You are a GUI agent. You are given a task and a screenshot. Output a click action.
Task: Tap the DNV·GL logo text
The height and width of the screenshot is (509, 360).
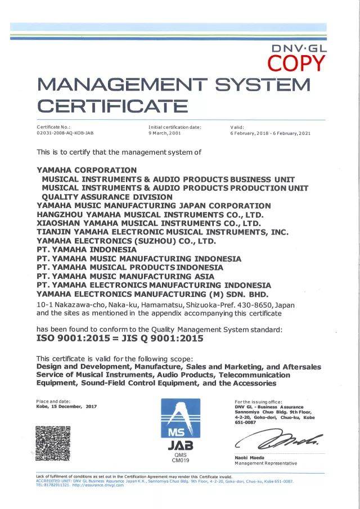tap(299, 48)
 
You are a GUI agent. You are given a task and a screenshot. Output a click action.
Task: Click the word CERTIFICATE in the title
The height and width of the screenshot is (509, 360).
tap(112, 106)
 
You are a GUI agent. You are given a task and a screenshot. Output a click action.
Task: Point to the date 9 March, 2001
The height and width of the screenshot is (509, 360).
tap(166, 133)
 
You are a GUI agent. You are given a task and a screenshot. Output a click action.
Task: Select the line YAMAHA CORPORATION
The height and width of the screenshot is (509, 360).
tap(87, 169)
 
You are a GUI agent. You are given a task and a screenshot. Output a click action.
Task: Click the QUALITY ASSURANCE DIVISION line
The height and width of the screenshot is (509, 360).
tap(107, 197)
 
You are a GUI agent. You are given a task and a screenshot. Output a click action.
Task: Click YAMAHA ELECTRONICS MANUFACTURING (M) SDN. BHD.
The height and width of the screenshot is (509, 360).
tap(152, 294)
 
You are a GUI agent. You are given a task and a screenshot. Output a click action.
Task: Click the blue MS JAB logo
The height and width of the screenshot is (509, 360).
tap(181, 422)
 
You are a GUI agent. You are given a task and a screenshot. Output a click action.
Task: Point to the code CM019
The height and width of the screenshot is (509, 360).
tap(181, 461)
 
